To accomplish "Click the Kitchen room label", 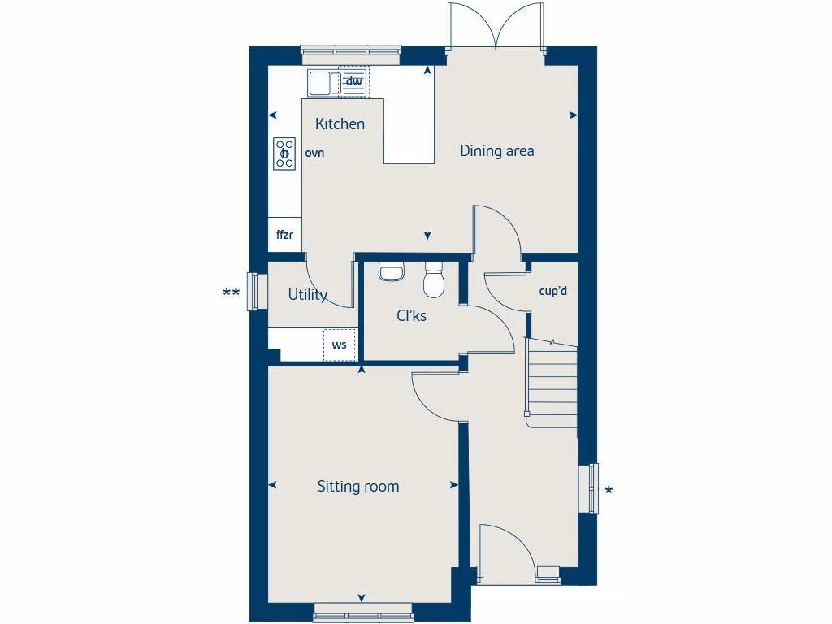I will point(340,124).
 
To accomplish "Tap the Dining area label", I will point(496,150).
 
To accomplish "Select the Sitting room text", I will point(357,487).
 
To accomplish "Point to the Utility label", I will point(307,295).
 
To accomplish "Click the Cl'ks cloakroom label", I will point(411,315).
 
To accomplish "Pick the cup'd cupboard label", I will point(552,291).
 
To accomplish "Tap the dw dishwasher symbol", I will point(353,81).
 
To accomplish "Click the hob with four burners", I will point(284,153).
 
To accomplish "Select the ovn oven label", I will point(314,152).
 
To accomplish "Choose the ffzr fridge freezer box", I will point(284,236).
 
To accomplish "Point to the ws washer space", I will point(340,344).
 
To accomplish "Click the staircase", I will point(552,381).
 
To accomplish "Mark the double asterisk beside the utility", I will point(232,292).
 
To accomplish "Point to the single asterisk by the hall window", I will point(609,490).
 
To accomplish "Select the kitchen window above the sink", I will point(351,54).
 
